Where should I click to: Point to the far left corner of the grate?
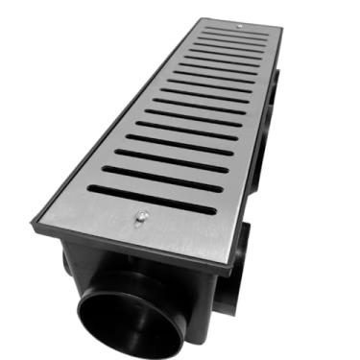(x=201, y=19)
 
